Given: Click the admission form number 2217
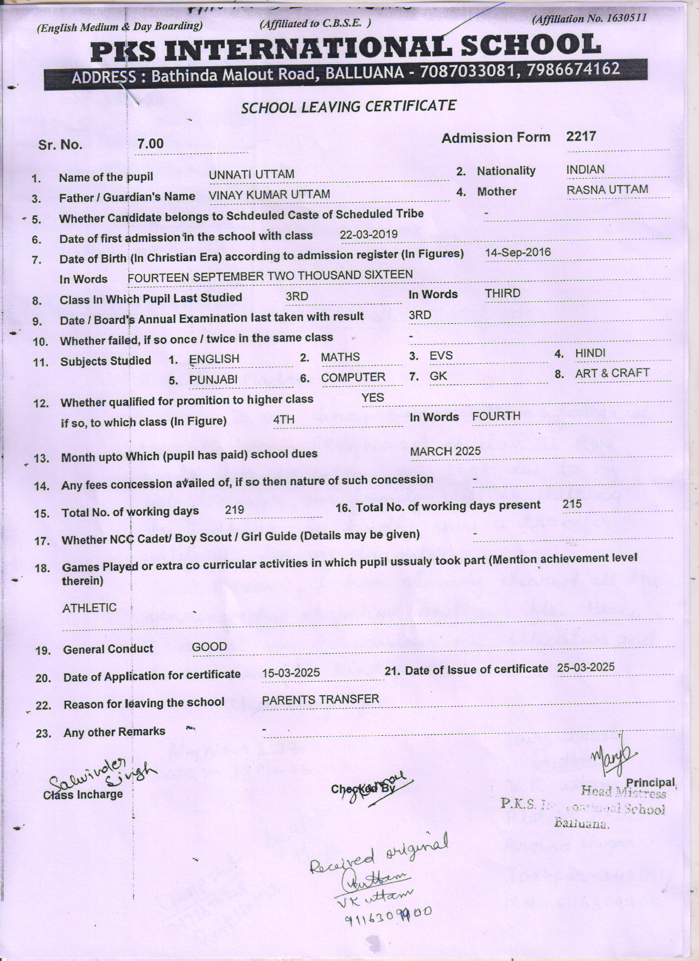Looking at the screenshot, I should click(x=581, y=136).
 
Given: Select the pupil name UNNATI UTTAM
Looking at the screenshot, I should click(x=252, y=174).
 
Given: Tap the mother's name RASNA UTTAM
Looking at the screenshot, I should click(x=607, y=190).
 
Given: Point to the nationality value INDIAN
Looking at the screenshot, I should click(x=585, y=169).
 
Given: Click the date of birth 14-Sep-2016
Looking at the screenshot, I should click(x=518, y=253).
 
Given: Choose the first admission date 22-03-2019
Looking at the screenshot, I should click(x=368, y=234).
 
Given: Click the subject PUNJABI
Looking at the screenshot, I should click(x=213, y=380).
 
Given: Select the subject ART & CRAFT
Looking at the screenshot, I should click(x=612, y=373).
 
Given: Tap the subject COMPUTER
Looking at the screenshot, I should click(x=353, y=377).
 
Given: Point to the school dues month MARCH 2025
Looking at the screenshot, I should click(x=445, y=451).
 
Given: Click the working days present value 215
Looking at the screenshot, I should click(x=572, y=504).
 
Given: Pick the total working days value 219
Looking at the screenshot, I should click(x=235, y=510).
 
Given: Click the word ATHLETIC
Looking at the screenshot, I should click(x=89, y=608).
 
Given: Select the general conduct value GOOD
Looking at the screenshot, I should click(x=209, y=647).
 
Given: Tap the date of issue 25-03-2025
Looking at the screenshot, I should click(x=586, y=667).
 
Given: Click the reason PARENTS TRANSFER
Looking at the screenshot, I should click(x=320, y=700).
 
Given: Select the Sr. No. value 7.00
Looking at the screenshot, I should click(x=150, y=144).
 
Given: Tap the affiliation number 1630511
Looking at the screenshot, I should click(x=626, y=18).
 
